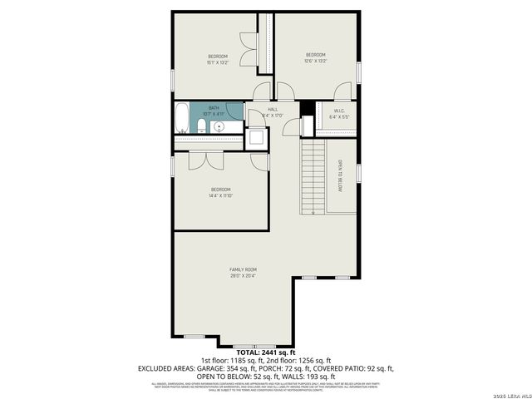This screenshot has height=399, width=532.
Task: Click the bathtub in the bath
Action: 181,118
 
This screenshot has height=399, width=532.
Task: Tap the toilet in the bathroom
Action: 202,126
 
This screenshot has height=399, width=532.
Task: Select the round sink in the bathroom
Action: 219,126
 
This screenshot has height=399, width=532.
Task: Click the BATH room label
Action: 214,108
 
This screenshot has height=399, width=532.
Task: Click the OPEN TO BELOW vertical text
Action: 340,175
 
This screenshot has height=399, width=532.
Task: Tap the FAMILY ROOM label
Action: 244,269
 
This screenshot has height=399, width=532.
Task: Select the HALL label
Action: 272,109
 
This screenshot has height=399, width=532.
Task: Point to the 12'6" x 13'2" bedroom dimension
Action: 316,61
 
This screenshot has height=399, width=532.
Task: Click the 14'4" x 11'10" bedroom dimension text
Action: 221,196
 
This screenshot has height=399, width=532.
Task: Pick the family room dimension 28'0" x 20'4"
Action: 244,276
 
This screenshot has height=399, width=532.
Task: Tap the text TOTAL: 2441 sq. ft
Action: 265,353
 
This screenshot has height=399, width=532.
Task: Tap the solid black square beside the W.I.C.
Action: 305,108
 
